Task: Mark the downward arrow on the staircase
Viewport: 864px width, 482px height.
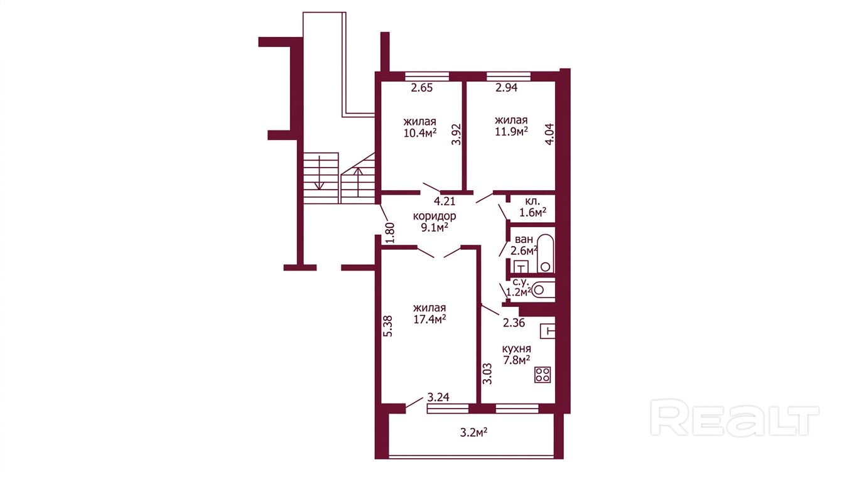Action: pyautogui.click(x=320, y=173)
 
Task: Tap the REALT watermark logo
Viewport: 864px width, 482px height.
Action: pyautogui.click(x=735, y=417)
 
